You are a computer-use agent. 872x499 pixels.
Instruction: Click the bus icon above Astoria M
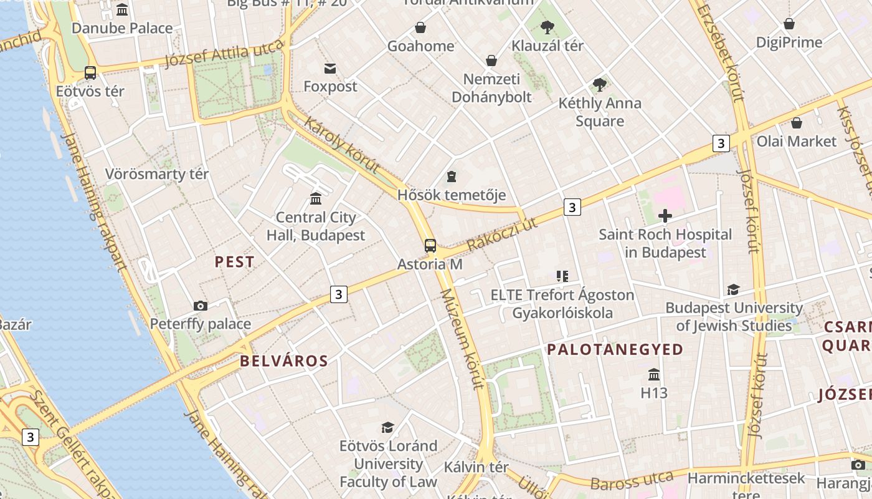[x=430, y=245]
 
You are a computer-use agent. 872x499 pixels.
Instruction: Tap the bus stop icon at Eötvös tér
[x=90, y=73]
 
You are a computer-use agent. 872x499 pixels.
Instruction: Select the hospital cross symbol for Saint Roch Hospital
[x=665, y=216]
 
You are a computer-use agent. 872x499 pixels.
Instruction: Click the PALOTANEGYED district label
[x=615, y=349]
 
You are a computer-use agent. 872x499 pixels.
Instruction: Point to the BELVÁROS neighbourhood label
[x=284, y=361]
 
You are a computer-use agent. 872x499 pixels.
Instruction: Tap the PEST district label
[x=235, y=262]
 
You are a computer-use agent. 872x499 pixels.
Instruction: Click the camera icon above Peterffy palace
[x=200, y=306]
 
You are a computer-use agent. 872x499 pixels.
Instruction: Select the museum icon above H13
[x=654, y=374]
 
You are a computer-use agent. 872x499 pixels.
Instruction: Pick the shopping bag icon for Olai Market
[x=796, y=123]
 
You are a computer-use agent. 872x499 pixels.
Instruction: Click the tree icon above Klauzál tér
[x=547, y=27]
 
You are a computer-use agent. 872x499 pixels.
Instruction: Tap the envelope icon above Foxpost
[x=330, y=68]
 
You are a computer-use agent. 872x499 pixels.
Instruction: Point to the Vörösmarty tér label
[x=157, y=174]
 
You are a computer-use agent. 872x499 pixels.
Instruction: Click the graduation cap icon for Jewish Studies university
[x=733, y=290]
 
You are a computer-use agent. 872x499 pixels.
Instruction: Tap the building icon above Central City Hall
[x=316, y=199]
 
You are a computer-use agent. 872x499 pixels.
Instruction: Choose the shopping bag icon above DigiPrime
[x=789, y=24]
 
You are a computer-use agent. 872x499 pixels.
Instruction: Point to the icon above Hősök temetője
[x=452, y=177]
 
